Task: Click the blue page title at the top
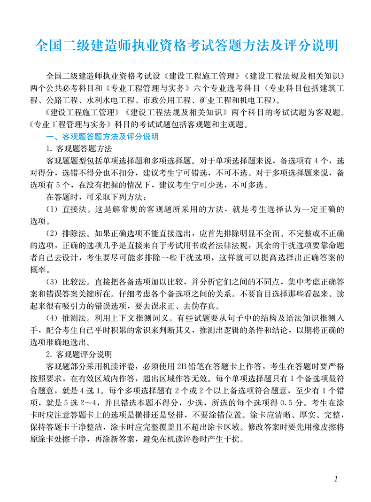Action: coord(186,46)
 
